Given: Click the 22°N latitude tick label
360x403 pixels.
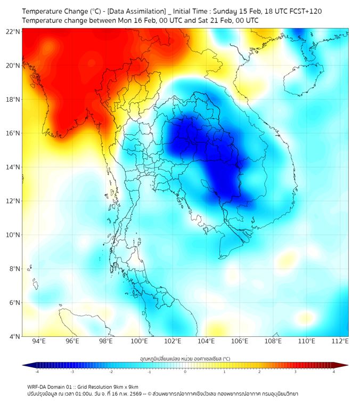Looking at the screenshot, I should click(13, 31).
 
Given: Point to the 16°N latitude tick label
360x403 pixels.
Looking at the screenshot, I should click(13, 133).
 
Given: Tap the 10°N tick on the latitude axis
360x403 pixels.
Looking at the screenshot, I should click(13, 235).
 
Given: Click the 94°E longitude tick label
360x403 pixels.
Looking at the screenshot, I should click(38, 341).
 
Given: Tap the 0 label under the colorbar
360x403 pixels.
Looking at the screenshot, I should click(185, 372).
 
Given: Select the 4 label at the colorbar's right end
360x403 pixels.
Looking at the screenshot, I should click(333, 372).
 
